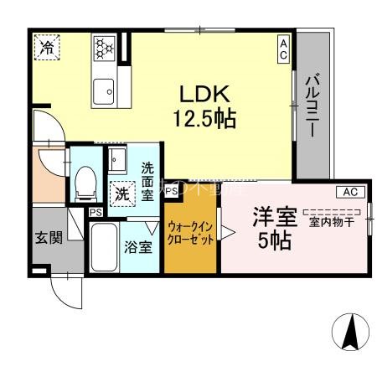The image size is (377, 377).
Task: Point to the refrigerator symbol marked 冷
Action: (48, 48)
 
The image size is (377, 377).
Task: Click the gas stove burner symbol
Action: (104, 46)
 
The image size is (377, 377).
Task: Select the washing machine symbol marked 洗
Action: (121, 191)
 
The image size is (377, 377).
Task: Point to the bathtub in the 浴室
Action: (104, 246)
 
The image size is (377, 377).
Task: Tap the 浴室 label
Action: (139, 247)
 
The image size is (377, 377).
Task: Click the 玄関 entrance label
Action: (49, 237)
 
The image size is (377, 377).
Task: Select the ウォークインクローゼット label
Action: (192, 232)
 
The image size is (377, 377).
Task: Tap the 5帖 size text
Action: (275, 242)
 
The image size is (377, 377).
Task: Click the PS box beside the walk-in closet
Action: (171, 192)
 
